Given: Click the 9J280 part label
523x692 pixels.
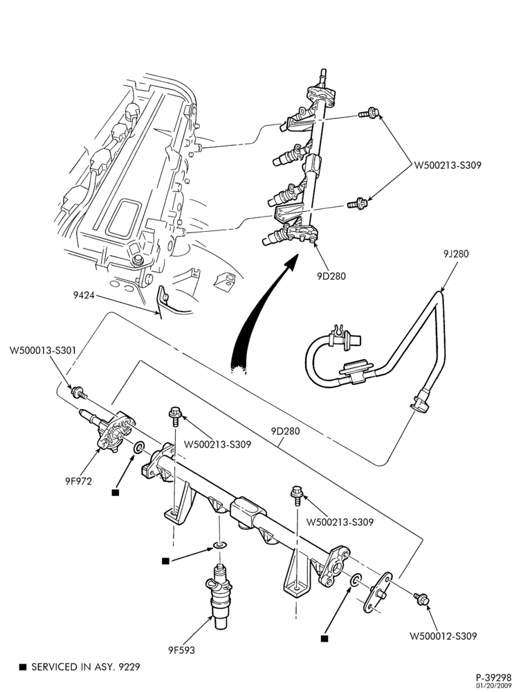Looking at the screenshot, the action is click(x=456, y=254).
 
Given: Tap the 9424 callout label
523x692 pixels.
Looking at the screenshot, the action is click(x=84, y=295).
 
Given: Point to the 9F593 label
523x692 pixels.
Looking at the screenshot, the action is click(x=181, y=650).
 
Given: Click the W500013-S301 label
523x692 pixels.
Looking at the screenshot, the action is click(x=43, y=350).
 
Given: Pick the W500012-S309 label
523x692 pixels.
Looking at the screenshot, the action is click(x=443, y=636).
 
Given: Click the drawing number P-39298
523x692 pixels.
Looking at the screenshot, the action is click(x=493, y=677).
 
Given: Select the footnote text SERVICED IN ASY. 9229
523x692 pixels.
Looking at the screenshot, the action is click(x=86, y=666).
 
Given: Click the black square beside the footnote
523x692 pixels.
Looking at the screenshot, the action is click(x=23, y=667).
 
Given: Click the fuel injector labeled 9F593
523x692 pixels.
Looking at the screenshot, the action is click(x=221, y=594).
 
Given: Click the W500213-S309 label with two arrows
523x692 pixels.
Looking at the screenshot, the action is click(x=447, y=165).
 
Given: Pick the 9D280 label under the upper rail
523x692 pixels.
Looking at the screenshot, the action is click(x=331, y=276).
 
